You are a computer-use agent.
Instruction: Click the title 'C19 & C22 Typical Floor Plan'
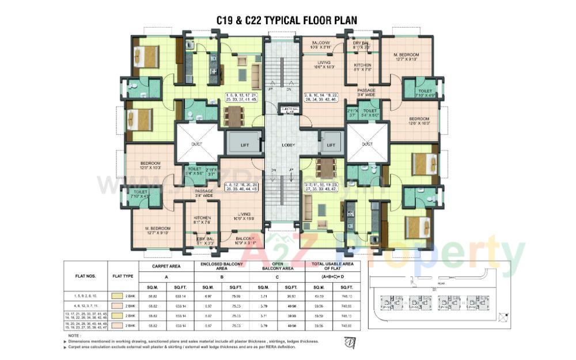coord(286,20)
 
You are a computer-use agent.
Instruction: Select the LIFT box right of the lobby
coord(331,146)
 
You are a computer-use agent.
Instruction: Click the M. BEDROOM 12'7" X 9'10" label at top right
coord(406,56)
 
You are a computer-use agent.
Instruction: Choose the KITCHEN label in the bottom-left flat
coord(202,219)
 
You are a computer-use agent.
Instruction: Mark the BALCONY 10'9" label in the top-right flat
coord(321,45)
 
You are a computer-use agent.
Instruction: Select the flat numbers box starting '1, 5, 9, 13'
coord(241,96)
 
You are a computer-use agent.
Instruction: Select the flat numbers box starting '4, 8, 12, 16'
coord(241,186)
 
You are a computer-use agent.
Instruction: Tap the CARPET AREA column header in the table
coord(167,267)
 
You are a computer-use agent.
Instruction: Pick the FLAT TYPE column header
coord(123,276)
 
